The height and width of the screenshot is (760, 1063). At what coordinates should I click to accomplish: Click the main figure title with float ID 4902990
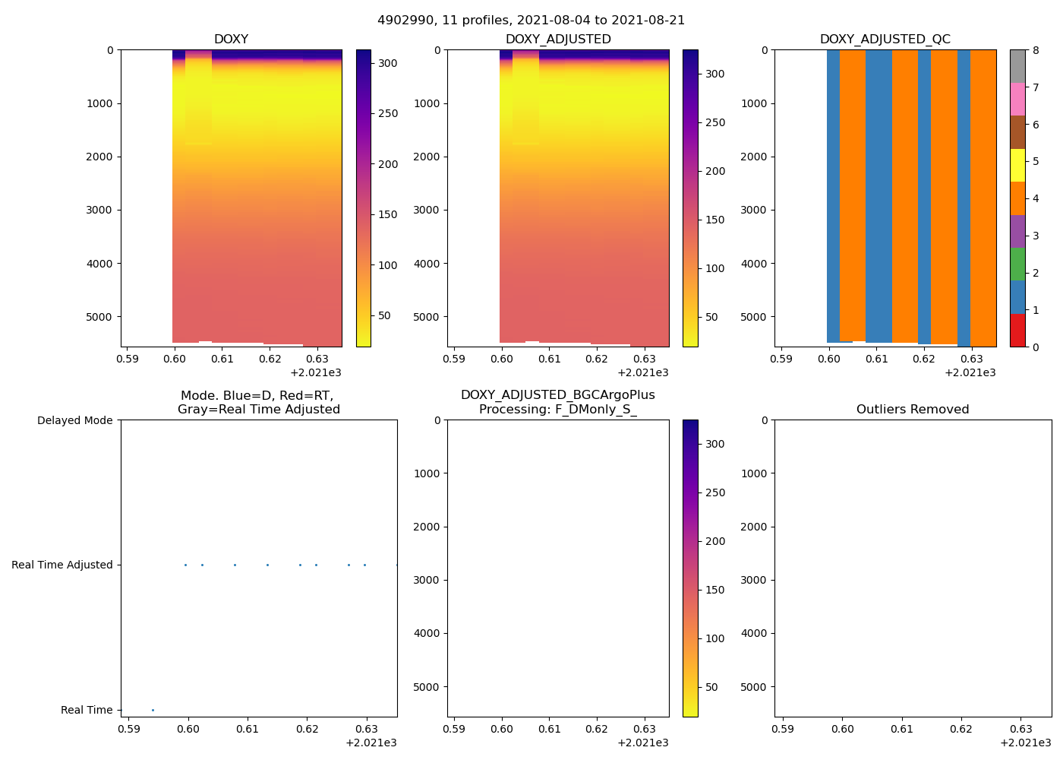point(531,21)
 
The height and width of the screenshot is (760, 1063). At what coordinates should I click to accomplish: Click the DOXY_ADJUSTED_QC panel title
point(885,40)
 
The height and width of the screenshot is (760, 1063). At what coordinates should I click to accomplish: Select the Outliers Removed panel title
point(913,410)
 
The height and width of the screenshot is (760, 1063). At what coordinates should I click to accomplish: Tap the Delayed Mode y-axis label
point(74,420)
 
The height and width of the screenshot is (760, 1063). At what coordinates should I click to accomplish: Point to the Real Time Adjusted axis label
point(62,565)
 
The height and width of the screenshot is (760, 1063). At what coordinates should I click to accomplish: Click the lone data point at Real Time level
point(153,710)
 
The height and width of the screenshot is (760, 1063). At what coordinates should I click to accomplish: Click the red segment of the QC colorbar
point(1017,331)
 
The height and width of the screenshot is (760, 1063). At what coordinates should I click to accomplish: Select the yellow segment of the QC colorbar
point(1017,165)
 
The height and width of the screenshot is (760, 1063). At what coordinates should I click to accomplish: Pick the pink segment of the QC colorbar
point(1017,99)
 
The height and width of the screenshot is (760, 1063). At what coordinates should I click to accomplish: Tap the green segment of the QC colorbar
point(1017,264)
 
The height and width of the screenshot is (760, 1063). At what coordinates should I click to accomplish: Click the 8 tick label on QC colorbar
point(1036,50)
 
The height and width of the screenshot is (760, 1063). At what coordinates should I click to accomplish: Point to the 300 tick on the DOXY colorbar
point(387,63)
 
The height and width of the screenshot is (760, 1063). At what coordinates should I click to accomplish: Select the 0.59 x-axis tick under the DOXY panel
point(127,359)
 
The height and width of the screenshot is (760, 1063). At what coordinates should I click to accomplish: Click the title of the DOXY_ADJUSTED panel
point(558,40)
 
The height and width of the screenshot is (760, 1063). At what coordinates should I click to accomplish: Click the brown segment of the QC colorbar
point(1017,132)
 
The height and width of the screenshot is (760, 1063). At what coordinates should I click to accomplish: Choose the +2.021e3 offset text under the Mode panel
point(371,743)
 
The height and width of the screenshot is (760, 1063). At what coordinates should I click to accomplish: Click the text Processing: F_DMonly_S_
point(557,410)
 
